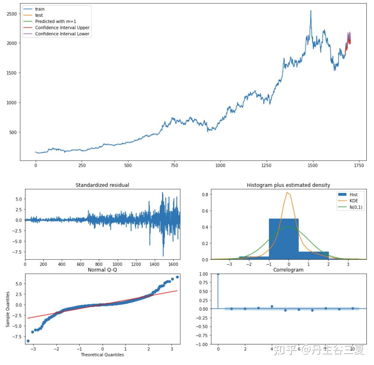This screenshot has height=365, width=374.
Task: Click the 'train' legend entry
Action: point(40,9)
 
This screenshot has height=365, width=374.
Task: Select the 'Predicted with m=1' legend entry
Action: point(55,21)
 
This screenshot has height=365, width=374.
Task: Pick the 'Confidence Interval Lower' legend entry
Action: point(62,34)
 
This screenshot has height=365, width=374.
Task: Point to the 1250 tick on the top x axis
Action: point(266,166)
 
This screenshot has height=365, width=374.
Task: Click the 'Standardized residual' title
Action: point(102,185)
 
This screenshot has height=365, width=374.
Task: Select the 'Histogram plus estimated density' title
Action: point(288,185)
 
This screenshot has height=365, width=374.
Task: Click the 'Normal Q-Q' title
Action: point(102,270)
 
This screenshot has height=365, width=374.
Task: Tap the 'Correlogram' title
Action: point(288,270)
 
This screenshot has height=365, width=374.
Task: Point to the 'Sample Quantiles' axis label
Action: point(8,309)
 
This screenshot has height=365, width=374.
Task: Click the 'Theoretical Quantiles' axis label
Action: point(102,354)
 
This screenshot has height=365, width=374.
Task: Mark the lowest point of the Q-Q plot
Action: point(28,341)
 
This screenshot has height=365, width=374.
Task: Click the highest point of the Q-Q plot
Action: point(177,277)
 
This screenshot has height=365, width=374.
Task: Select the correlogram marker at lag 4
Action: point(272,306)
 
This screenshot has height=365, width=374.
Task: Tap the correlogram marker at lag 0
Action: point(218,274)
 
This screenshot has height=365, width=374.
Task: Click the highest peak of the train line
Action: point(311,11)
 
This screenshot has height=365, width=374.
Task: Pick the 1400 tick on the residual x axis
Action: point(154,265)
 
